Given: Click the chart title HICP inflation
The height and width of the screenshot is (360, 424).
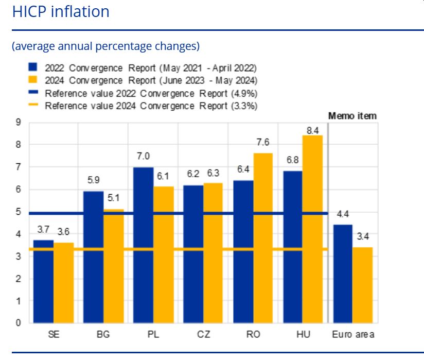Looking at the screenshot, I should point(61,12).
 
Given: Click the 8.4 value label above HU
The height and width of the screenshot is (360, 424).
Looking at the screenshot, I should point(313,130).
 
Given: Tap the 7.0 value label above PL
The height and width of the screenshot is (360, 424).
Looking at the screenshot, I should point(144,157).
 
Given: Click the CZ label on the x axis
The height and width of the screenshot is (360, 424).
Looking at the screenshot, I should point(203,335).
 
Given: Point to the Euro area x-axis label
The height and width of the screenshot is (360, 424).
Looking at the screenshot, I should point(353,335).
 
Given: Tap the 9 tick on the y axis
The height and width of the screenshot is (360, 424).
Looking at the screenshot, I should point(18,123).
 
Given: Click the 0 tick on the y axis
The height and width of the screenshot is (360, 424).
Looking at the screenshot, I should point(18,323).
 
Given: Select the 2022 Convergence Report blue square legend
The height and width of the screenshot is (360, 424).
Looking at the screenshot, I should point(33,67).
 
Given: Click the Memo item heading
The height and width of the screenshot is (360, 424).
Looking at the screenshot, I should point(352,116).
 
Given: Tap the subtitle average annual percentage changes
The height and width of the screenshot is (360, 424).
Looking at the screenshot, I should point(105,46).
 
